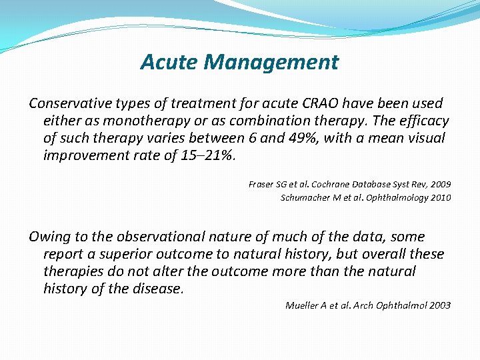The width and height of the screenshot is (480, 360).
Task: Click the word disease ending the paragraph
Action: coord(159,289)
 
